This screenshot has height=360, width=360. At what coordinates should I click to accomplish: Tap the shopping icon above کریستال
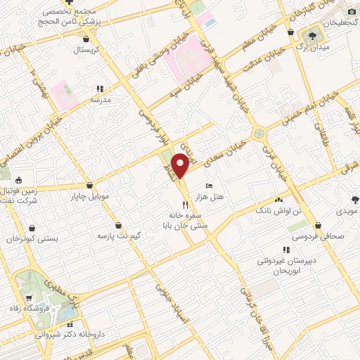[86, 40]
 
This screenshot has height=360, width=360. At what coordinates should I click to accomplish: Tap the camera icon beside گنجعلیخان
[352, 11]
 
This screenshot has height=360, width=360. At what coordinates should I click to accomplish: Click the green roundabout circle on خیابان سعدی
[259, 132]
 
